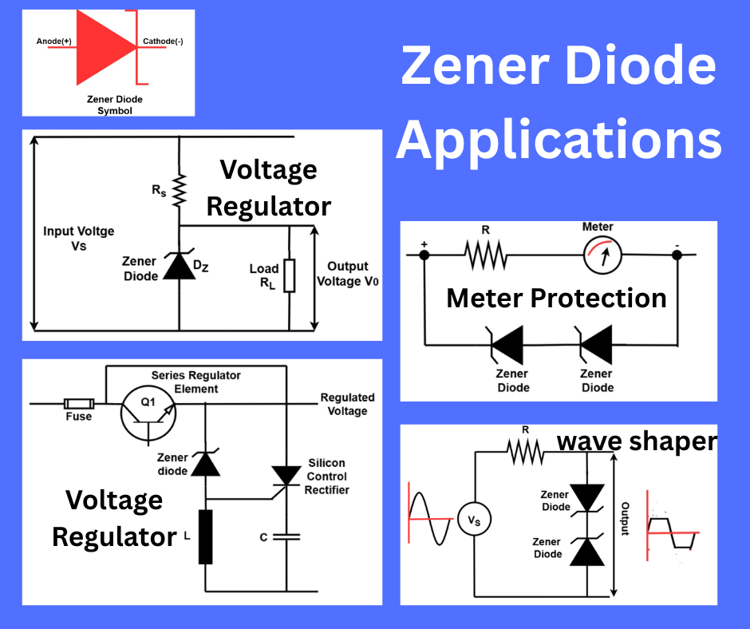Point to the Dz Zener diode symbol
178,268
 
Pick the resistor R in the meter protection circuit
485,255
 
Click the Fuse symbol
78,404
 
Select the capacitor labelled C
285,537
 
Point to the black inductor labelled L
205,536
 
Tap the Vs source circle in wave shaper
474,520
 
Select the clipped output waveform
672,532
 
